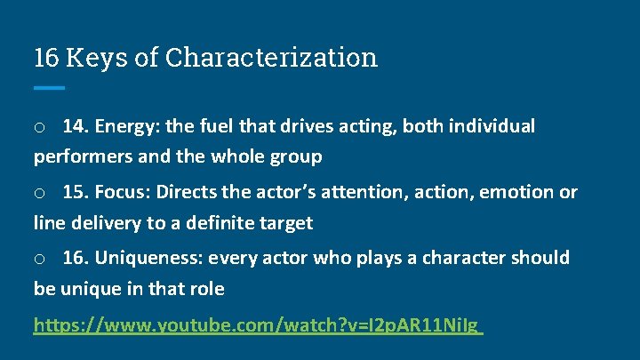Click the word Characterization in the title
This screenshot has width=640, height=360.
coord(271,58)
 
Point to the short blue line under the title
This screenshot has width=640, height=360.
coord(49,88)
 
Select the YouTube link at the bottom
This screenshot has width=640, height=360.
coord(257,325)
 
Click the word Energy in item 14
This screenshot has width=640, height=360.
coord(125,126)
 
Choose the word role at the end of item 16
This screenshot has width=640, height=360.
coord(205,289)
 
